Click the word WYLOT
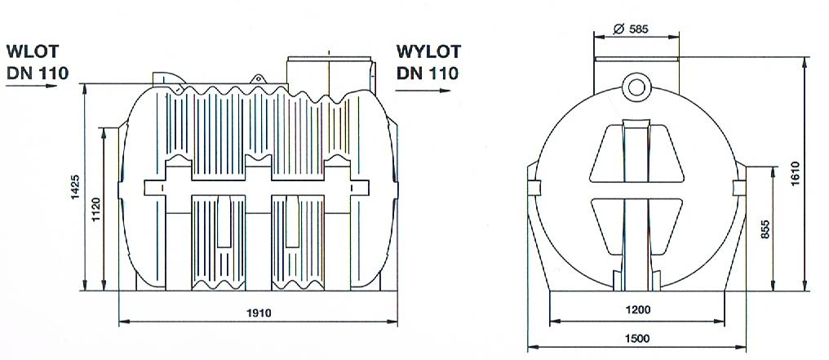pos(428,51)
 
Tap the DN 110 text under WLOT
pos(37,71)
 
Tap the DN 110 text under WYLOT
pos(428,72)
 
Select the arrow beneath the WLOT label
pos(33,88)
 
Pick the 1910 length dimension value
pos(259,313)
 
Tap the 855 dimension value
pos(765,229)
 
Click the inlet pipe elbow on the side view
pos(166,77)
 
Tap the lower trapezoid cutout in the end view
pos(636,220)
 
